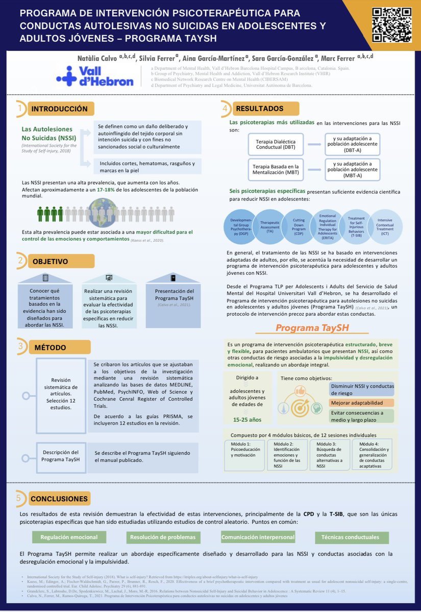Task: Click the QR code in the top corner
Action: click(391, 25)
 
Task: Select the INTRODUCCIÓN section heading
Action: click(59, 109)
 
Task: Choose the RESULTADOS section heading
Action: click(259, 108)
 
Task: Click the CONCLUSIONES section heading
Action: click(59, 499)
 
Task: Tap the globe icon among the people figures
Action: click(105, 210)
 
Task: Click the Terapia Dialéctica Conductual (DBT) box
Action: click(276, 144)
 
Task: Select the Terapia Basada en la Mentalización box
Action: click(276, 169)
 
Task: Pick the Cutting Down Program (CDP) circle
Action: click(300, 226)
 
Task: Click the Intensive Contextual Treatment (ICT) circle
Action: click(385, 226)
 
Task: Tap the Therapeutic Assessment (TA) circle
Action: click(270, 226)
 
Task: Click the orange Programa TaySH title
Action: click(312, 328)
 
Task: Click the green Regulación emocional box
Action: click(69, 537)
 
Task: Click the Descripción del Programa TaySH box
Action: click(61, 455)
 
